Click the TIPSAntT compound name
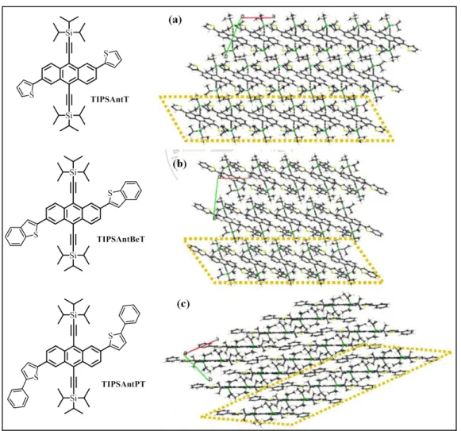(x=109, y=99)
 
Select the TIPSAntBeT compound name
(x=121, y=239)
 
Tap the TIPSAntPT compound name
(x=123, y=384)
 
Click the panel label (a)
(x=175, y=20)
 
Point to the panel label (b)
(x=180, y=164)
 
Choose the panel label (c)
(x=183, y=304)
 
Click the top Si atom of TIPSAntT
(x=69, y=33)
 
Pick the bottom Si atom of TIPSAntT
(x=69, y=115)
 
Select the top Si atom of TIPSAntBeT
(x=73, y=172)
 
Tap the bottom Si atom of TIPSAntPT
(x=73, y=398)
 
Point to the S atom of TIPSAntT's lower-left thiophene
(x=32, y=94)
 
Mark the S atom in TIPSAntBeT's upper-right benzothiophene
(x=110, y=193)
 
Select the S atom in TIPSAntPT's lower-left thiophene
(x=36, y=378)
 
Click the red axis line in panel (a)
(x=258, y=18)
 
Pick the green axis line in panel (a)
(x=234, y=36)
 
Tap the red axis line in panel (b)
(x=232, y=179)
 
